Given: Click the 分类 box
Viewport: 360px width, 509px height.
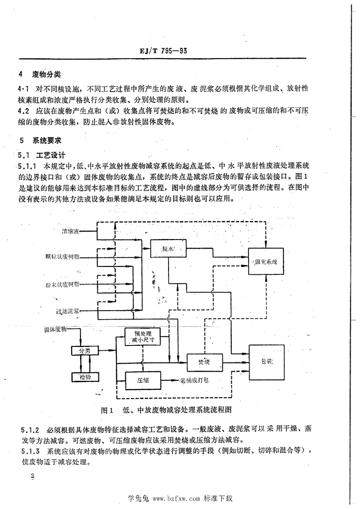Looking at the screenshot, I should pos(84,351).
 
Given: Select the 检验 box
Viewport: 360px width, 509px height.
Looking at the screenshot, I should pos(85,377).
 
